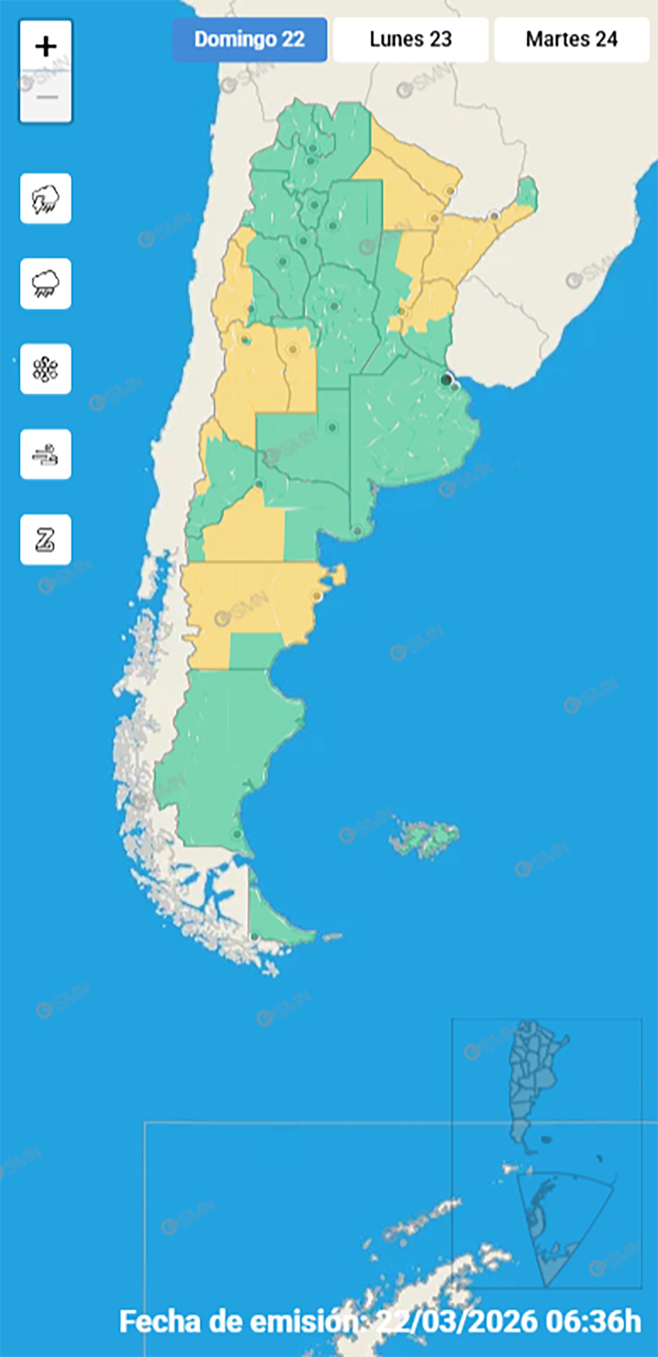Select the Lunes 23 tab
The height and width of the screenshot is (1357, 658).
pyautogui.click(x=411, y=39)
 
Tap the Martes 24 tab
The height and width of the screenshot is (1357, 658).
pyautogui.click(x=572, y=39)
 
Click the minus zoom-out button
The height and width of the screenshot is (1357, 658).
pyautogui.click(x=46, y=97)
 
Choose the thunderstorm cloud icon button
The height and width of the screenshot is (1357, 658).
pyautogui.click(x=46, y=198)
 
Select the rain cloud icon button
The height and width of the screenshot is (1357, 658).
pyautogui.click(x=46, y=284)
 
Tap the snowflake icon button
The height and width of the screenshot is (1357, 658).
pyautogui.click(x=46, y=369)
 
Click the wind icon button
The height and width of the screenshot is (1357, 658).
pyautogui.click(x=46, y=454)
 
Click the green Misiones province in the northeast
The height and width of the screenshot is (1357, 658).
pyautogui.click(x=527, y=193)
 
